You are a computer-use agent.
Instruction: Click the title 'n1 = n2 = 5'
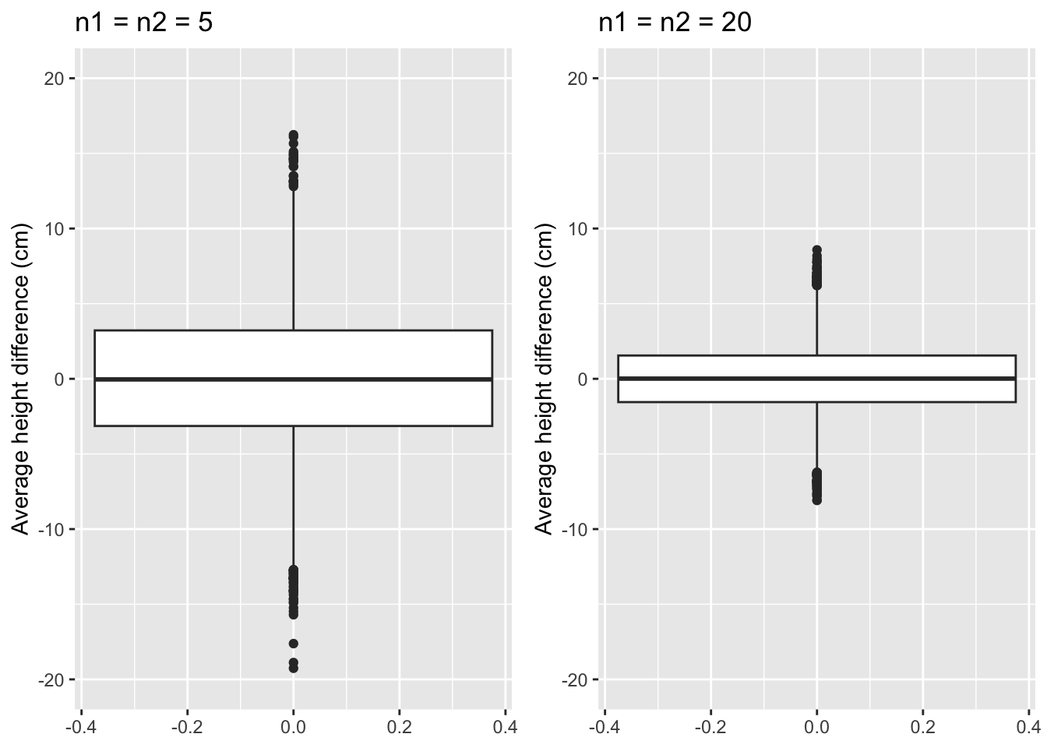(x=144, y=23)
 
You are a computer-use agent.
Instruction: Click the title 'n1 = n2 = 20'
(x=675, y=23)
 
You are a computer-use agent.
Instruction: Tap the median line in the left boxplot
(x=294, y=379)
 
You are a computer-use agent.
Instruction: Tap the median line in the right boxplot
(x=817, y=378)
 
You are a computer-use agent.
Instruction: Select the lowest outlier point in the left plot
(x=294, y=668)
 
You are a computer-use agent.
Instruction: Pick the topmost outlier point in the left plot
(x=294, y=135)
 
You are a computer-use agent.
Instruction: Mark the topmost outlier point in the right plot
(x=817, y=250)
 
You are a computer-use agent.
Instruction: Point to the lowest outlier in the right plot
(x=817, y=500)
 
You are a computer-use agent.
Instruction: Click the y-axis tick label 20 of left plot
(x=54, y=79)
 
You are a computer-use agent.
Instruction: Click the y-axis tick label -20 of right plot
(x=574, y=679)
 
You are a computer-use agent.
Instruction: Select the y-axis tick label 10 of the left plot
(x=54, y=229)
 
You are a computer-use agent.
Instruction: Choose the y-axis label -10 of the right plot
(x=574, y=529)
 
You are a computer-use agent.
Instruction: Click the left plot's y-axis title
(x=20, y=379)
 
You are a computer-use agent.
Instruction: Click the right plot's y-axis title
(x=544, y=379)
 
